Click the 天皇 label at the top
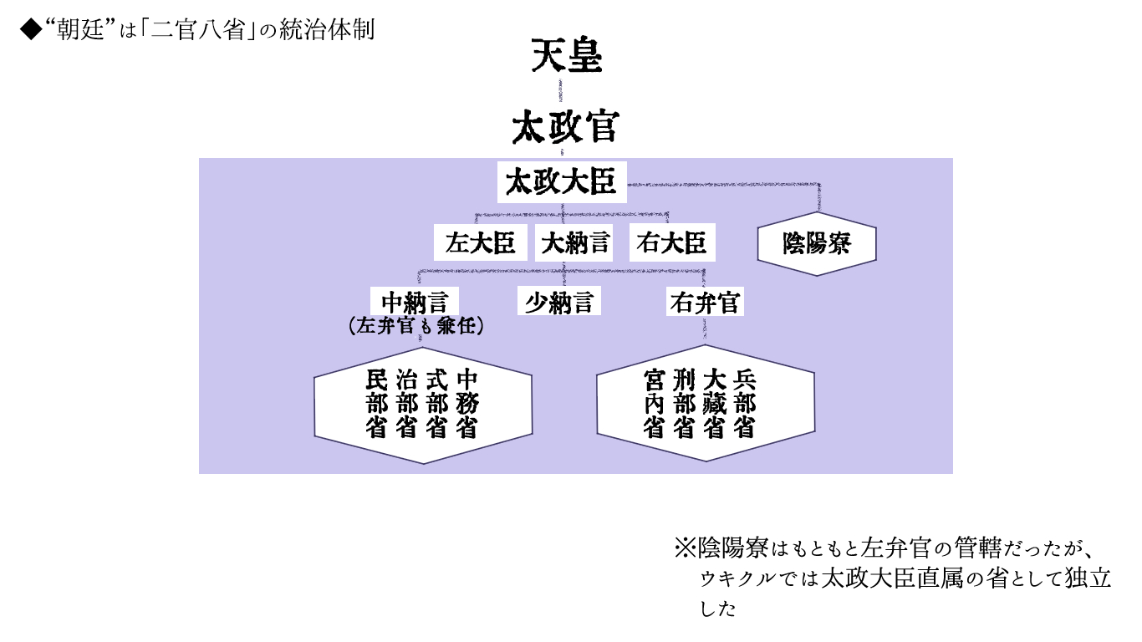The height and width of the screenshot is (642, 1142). pyautogui.click(x=567, y=58)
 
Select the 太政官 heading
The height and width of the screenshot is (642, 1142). pyautogui.click(x=565, y=128)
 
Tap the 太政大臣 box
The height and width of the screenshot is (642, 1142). pyautogui.click(x=561, y=181)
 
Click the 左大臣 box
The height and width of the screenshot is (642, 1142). pyautogui.click(x=481, y=243)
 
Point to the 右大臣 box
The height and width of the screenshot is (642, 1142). pyautogui.click(x=671, y=243)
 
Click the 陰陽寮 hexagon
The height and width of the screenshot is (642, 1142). pyautogui.click(x=816, y=244)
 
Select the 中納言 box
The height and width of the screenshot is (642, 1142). pyautogui.click(x=415, y=302)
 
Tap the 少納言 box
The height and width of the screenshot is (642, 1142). pyautogui.click(x=558, y=302)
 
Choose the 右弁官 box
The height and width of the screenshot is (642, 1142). pyautogui.click(x=705, y=302)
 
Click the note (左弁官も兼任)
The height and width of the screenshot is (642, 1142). pyautogui.click(x=416, y=327)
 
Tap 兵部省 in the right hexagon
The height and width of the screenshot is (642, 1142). pyautogui.click(x=744, y=404)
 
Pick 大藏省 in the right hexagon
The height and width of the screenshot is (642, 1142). pyautogui.click(x=714, y=404)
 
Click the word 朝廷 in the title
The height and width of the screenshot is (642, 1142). pyautogui.click(x=79, y=31)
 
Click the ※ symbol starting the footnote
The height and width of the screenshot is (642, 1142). pyautogui.click(x=685, y=549)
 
